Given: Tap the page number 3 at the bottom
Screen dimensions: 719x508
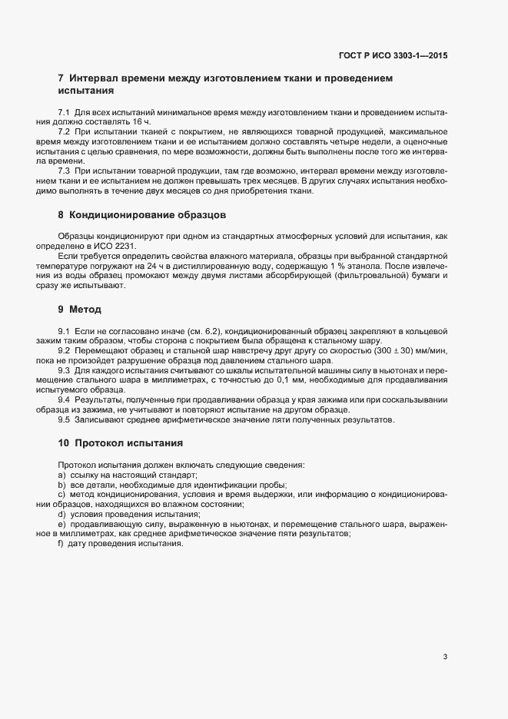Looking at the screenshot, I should (446, 656).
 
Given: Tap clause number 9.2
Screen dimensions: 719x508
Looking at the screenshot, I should (65, 350).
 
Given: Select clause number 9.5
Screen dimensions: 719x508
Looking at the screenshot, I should (65, 420).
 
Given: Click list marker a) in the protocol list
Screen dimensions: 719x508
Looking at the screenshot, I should (61, 475).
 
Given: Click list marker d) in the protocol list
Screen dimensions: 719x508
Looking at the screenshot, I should (61, 514).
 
